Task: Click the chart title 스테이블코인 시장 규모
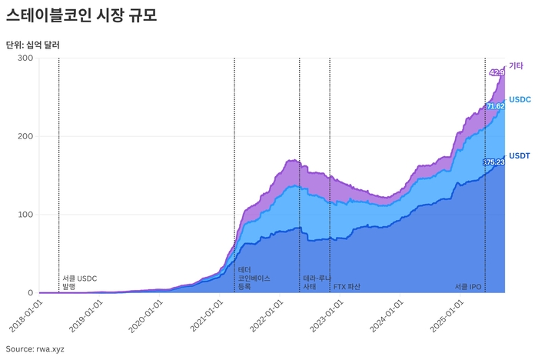(x=81, y=15)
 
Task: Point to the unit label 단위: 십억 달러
(x=32, y=45)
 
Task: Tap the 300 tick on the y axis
(x=26, y=58)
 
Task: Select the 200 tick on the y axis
(x=26, y=137)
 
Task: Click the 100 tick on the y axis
(x=26, y=215)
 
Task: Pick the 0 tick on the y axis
(x=30, y=293)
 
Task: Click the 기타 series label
(x=516, y=66)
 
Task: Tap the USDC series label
(x=520, y=100)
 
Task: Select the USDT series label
(x=520, y=155)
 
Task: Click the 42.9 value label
(x=496, y=72)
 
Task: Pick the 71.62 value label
(x=495, y=106)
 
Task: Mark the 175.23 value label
(x=493, y=162)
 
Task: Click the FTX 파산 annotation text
(x=347, y=286)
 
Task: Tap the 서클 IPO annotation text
(x=467, y=286)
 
